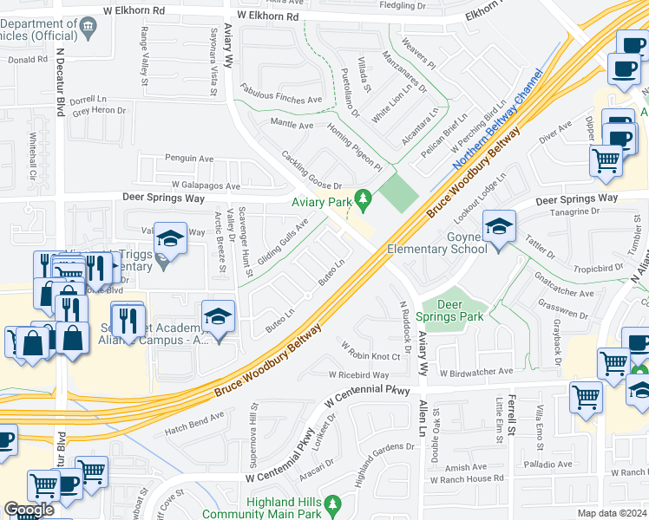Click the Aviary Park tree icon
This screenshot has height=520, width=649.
pyautogui.click(x=366, y=202)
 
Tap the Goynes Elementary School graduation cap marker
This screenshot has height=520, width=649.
pyautogui.click(x=499, y=227)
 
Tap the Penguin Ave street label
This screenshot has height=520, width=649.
pyautogui.click(x=189, y=159)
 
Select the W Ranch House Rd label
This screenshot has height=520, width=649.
pyautogui.click(x=471, y=478)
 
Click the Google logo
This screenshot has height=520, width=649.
pyautogui.click(x=29, y=510)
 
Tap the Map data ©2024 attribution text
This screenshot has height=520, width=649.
pyautogui.click(x=612, y=513)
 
